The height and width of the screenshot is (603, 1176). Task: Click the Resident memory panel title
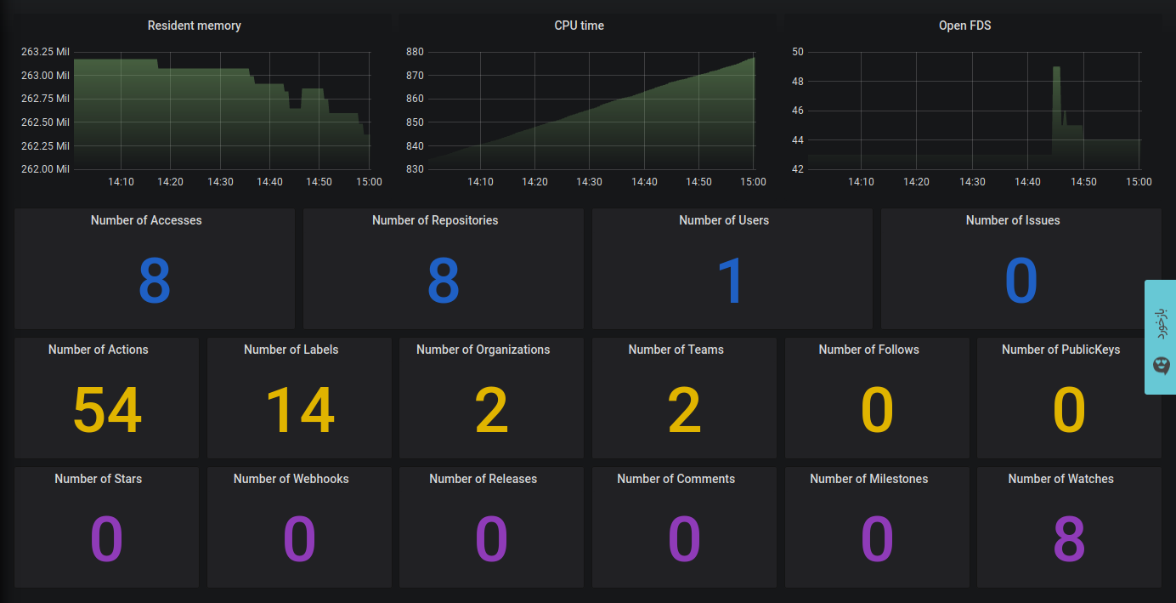(194, 26)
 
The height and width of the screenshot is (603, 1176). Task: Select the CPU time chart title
(579, 26)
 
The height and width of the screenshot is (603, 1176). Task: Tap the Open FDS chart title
(964, 26)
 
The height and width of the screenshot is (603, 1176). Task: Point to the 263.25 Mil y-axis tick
(44, 52)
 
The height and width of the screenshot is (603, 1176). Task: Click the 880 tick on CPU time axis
(415, 52)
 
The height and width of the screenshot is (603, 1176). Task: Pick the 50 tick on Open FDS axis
(797, 52)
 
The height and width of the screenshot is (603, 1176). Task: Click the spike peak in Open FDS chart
(1056, 68)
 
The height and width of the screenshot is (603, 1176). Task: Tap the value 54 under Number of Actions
(107, 411)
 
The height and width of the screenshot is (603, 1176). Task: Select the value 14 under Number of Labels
(299, 411)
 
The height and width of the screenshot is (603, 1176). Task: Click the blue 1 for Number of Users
(731, 282)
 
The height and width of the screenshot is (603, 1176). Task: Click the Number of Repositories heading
(435, 220)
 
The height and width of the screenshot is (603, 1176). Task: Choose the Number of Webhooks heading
(291, 479)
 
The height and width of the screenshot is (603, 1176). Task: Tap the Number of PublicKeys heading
(1060, 350)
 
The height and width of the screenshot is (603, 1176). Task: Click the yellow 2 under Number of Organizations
(491, 411)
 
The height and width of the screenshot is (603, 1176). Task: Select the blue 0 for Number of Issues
(1021, 282)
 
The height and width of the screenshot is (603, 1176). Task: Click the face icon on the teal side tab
(1162, 366)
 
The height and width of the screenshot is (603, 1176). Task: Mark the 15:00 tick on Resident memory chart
(369, 182)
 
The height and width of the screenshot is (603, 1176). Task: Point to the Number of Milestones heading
(868, 479)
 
